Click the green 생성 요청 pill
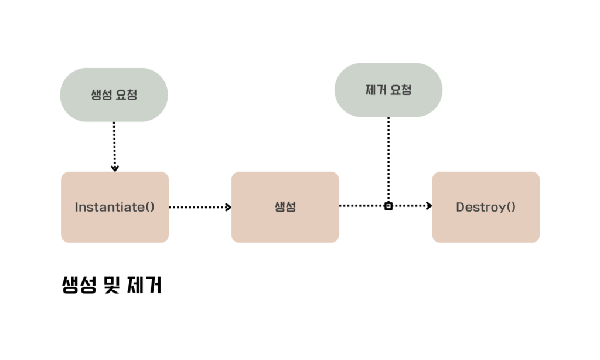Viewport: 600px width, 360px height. (x=114, y=95)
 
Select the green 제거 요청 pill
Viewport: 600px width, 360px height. (x=388, y=90)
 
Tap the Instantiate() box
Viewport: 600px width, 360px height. (x=115, y=207)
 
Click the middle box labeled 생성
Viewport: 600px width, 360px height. (x=285, y=207)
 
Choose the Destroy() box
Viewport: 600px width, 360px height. (x=486, y=207)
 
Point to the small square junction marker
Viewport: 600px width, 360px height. (x=388, y=206)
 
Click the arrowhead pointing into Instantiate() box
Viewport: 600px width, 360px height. (x=115, y=168)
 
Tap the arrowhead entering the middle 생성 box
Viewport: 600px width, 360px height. (x=228, y=207)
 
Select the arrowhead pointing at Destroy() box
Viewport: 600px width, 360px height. (x=429, y=206)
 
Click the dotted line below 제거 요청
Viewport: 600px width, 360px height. (x=388, y=158)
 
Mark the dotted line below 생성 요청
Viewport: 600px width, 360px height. (x=115, y=144)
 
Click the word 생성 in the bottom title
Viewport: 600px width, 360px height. (x=79, y=286)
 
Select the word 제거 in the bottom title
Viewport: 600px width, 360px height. (x=144, y=286)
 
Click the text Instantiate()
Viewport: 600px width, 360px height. (x=115, y=207)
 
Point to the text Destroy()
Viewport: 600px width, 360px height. (x=486, y=207)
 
